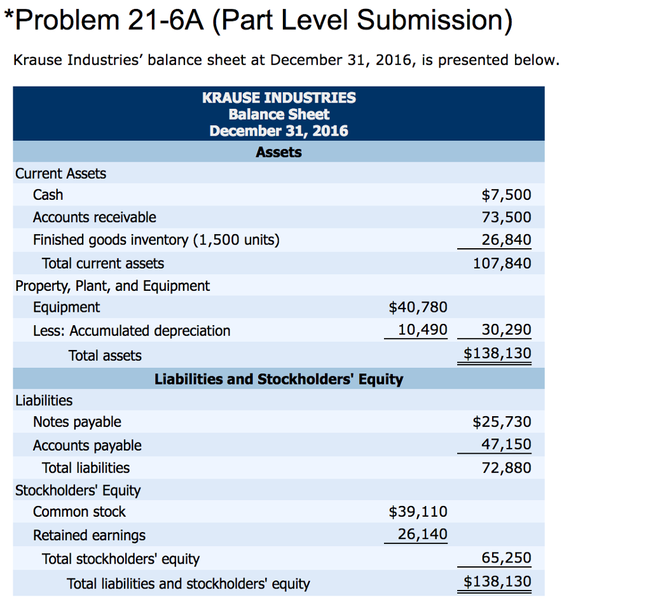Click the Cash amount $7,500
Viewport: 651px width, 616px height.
[x=506, y=195]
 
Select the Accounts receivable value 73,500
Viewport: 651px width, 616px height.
[x=506, y=218]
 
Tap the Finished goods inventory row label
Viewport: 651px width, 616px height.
[x=156, y=240]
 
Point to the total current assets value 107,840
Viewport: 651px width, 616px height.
[x=502, y=263]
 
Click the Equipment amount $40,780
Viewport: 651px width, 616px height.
[x=418, y=307]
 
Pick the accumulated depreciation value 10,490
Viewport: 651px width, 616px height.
[x=422, y=330]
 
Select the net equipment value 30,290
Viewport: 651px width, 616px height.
[x=506, y=330]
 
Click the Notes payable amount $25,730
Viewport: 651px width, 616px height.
[x=502, y=422]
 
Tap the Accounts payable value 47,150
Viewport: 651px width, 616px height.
[x=506, y=444]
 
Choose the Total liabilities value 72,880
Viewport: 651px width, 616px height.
[x=506, y=468]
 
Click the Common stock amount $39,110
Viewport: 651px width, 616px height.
[x=418, y=512]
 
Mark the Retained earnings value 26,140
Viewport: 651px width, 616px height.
[x=422, y=535]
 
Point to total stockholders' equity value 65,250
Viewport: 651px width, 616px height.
[x=506, y=558]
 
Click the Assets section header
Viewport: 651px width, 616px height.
[x=278, y=152]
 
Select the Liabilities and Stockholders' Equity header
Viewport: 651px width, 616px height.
[x=278, y=379]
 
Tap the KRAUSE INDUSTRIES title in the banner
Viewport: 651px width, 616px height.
[x=278, y=98]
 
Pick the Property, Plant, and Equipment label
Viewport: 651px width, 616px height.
[x=113, y=286]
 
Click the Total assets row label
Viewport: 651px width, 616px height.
[x=105, y=356]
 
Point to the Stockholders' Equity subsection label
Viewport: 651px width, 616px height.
[x=78, y=490]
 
